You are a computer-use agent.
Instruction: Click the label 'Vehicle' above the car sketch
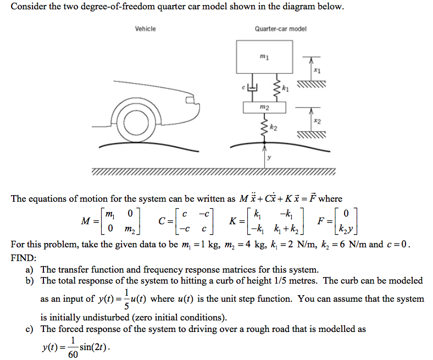145,29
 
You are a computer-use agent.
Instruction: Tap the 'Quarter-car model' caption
280,29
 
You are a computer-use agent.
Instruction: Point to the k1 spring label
285,88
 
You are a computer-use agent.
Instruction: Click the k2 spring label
274,128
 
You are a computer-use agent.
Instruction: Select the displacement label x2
317,120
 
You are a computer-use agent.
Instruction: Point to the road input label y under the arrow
269,158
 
